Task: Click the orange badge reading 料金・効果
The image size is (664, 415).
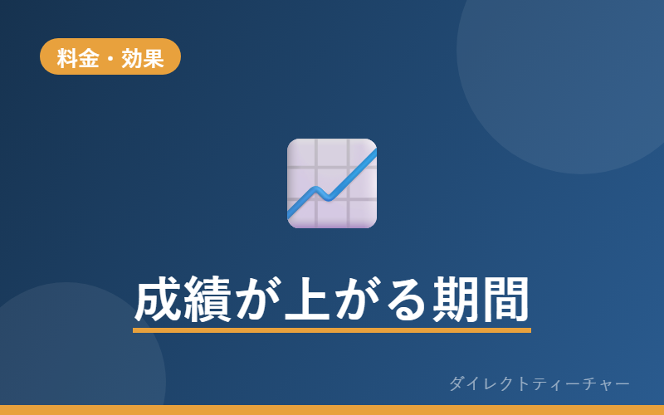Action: pyautogui.click(x=110, y=56)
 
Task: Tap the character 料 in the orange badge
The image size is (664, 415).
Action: pyautogui.click(x=67, y=58)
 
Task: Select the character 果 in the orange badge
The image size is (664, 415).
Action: pyautogui.click(x=154, y=58)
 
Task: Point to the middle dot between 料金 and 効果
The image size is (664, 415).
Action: pyautogui.click(x=110, y=58)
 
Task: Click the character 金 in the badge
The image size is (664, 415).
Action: pyautogui.click(x=89, y=58)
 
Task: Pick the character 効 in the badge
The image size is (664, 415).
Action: pyautogui.click(x=132, y=58)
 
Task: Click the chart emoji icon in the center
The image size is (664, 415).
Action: pyautogui.click(x=332, y=183)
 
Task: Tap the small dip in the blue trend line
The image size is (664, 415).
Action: pyautogui.click(x=326, y=197)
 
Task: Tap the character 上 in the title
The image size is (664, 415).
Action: pyautogui.click(x=307, y=299)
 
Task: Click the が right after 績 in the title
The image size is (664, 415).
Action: pyautogui.click(x=257, y=299)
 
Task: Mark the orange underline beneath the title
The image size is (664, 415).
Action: pyautogui.click(x=332, y=330)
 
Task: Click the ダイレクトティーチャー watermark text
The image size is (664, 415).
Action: pyautogui.click(x=539, y=383)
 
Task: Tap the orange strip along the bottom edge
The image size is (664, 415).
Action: pyautogui.click(x=332, y=410)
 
